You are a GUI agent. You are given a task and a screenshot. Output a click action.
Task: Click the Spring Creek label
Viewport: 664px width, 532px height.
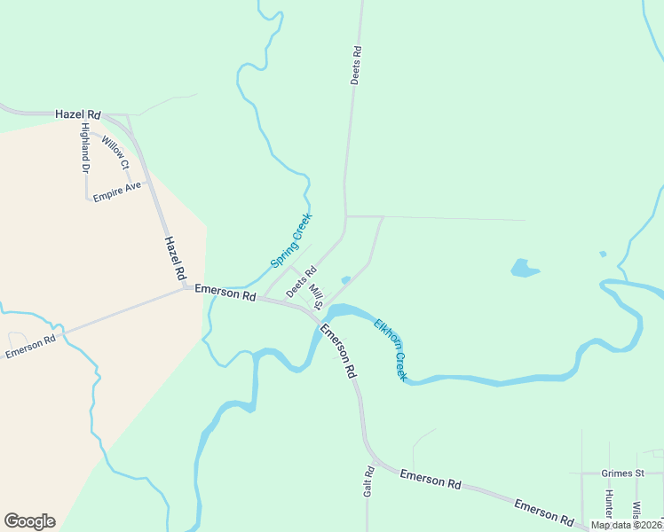tap(291, 239)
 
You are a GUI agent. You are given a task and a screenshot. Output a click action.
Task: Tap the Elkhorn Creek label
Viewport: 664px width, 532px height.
tap(390, 349)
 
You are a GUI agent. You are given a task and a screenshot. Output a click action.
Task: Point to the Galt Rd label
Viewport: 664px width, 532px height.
tap(369, 481)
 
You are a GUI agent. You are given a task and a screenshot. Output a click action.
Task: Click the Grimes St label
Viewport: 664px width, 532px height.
tap(621, 473)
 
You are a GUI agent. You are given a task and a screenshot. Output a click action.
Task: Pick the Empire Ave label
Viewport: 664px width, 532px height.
tap(117, 191)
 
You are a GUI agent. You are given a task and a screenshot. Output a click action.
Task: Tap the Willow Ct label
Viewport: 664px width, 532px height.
tap(115, 153)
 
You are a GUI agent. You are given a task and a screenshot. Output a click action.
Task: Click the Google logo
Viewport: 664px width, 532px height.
tap(29, 521)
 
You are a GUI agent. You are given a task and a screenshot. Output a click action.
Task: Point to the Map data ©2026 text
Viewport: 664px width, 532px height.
tap(627, 525)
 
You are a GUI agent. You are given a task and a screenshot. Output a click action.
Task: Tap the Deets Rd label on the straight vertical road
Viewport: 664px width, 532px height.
tap(355, 65)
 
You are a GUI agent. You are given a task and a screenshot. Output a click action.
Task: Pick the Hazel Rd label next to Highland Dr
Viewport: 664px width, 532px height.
tap(77, 114)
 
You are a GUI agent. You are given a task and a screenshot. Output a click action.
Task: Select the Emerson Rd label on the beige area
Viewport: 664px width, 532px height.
tap(30, 346)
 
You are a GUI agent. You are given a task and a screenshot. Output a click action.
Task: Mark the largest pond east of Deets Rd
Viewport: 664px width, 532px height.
tap(524, 267)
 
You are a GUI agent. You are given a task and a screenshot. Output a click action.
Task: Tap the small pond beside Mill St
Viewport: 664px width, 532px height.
tap(345, 280)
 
